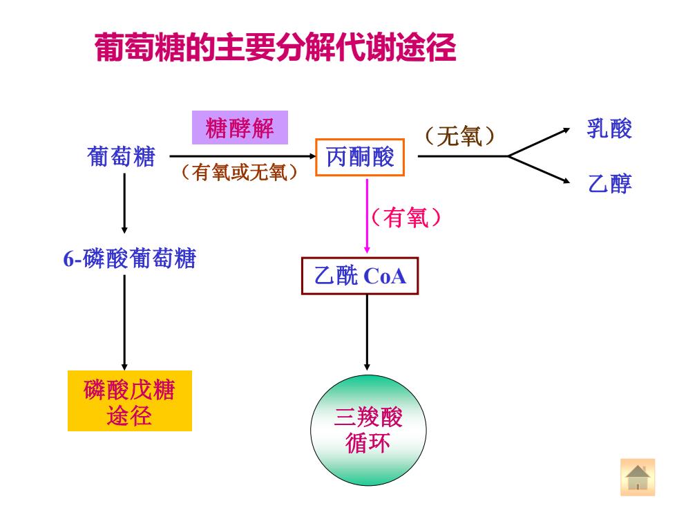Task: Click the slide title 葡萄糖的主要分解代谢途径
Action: tap(275, 47)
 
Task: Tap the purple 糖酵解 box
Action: tap(240, 127)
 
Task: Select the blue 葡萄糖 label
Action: tap(121, 156)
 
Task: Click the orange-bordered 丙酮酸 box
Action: tap(360, 157)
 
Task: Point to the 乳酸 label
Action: tap(609, 129)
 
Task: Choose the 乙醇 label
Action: tap(609, 184)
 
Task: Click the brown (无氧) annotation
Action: tap(459, 137)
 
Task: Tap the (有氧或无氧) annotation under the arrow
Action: tap(239, 172)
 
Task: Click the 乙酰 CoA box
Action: tap(360, 276)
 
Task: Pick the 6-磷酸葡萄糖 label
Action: tap(130, 258)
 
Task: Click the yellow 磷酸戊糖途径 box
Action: tap(130, 400)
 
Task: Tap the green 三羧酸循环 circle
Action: tap(368, 430)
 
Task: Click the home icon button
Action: tap(637, 478)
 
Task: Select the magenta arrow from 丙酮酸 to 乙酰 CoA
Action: tap(367, 216)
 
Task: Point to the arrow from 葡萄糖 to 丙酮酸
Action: tap(243, 156)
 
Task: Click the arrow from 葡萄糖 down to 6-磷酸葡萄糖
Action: tap(124, 203)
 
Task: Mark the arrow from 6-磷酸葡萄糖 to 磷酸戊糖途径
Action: tap(124, 322)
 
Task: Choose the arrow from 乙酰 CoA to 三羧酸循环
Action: tap(367, 332)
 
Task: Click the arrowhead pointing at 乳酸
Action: tap(566, 131)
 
